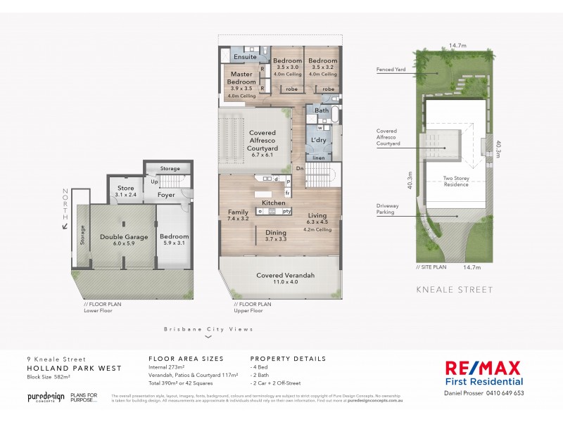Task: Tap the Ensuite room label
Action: coord(245,56)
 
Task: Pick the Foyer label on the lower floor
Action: coord(166,195)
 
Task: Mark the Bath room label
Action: coord(322,111)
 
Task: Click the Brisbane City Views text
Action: coord(208,328)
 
